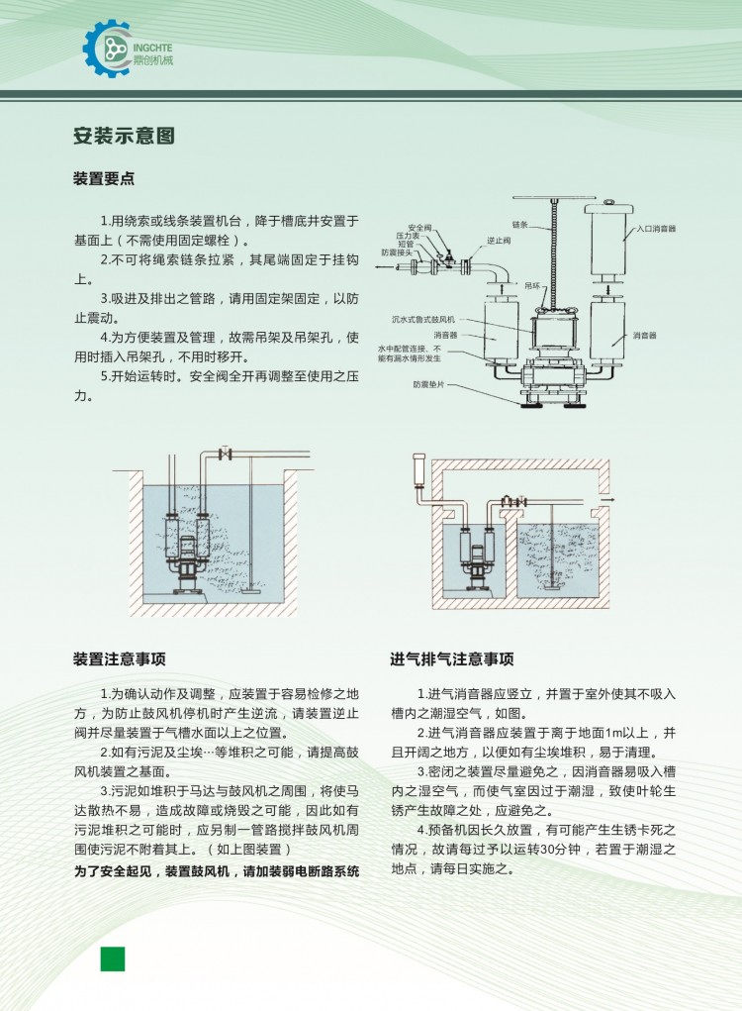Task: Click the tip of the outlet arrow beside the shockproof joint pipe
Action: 378,265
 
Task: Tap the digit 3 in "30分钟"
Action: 545,850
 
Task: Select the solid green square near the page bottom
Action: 112,959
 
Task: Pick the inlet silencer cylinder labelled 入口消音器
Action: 608,238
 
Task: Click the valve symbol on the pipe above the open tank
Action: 225,454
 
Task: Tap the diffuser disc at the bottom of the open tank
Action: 250,589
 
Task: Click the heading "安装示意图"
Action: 124,136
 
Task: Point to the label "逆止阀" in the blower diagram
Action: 499,241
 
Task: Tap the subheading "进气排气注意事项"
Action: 452,658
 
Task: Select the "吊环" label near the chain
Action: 532,285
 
